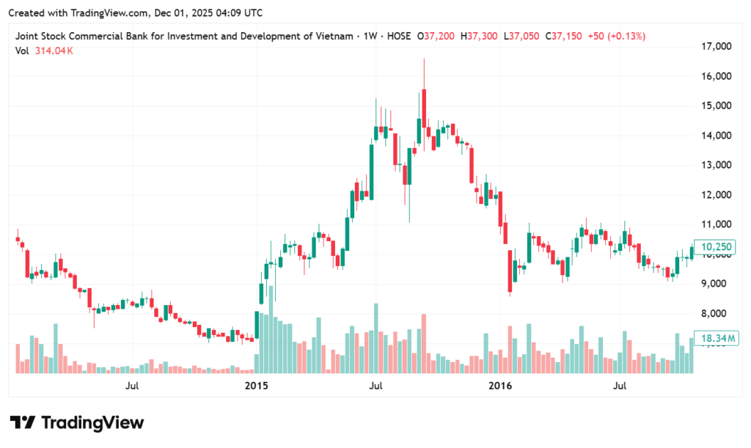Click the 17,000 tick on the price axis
tap(717, 46)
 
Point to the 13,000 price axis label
tap(717, 165)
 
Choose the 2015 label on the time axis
tap(257, 385)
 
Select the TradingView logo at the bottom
tap(76, 423)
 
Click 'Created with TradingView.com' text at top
tap(74, 13)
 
